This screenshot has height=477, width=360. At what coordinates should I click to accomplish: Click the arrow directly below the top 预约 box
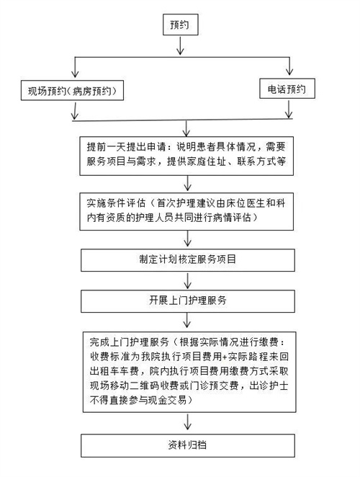pyautogui.click(x=180, y=45)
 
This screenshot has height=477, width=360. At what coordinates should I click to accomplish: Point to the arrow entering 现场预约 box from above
pyautogui.click(x=75, y=67)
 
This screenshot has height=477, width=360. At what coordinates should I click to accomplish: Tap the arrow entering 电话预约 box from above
pyautogui.click(x=289, y=66)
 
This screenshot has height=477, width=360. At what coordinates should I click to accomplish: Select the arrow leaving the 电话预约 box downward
pyautogui.click(x=288, y=109)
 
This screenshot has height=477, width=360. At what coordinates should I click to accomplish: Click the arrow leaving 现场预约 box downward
pyautogui.click(x=74, y=111)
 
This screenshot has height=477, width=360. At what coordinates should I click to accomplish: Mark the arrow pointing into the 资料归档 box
pyautogui.click(x=188, y=422)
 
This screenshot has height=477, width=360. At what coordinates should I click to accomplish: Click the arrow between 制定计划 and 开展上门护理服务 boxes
pyautogui.click(x=188, y=280)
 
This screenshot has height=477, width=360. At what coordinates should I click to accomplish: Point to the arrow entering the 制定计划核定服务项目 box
pyautogui.click(x=188, y=239)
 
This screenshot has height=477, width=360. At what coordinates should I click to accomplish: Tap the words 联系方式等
pyautogui.click(x=261, y=161)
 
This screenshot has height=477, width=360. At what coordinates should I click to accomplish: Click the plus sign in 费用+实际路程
pyautogui.click(x=225, y=357)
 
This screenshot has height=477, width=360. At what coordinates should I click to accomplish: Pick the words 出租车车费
pyautogui.click(x=114, y=371)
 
